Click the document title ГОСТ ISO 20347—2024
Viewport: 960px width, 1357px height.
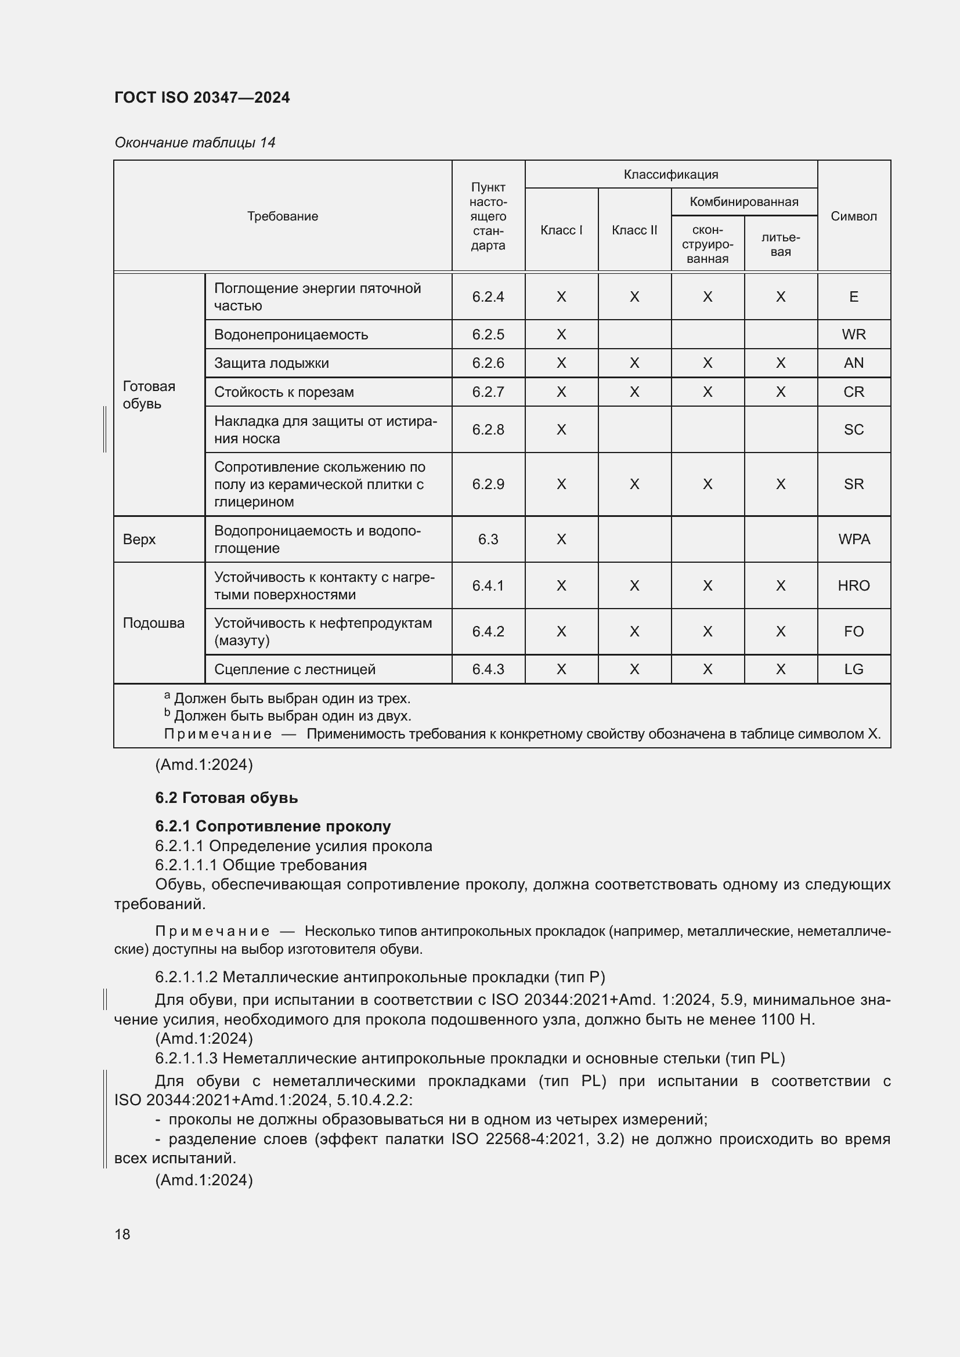click(x=201, y=97)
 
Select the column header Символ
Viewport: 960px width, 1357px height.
click(x=853, y=216)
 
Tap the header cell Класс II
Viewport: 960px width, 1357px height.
click(x=634, y=230)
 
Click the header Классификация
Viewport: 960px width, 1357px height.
click(x=670, y=175)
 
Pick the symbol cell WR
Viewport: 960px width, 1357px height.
click(x=853, y=335)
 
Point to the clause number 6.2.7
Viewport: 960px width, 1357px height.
click(x=488, y=392)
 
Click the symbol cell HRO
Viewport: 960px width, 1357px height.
click(x=853, y=586)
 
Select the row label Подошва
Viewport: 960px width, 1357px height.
click(x=154, y=623)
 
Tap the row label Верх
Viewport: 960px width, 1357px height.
click(x=139, y=539)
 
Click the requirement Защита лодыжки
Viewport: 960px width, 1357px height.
click(x=271, y=363)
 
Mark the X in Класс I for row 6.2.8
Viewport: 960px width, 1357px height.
click(x=561, y=430)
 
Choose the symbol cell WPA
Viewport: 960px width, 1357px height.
click(x=853, y=539)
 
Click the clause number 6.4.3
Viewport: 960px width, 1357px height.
click(x=488, y=669)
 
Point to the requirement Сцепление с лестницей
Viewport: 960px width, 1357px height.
click(x=294, y=669)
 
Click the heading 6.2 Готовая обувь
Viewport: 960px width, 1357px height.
click(x=226, y=798)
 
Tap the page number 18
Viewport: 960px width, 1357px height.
click(x=122, y=1234)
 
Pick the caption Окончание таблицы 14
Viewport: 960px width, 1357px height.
click(x=194, y=143)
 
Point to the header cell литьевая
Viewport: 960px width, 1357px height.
click(x=780, y=244)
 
